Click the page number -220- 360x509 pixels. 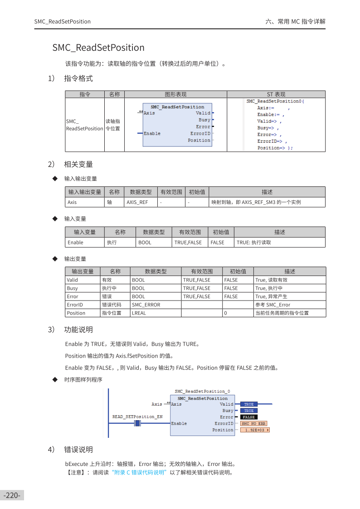point(12,495)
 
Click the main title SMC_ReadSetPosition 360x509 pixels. point(98,48)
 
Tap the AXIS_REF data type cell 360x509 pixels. point(137,203)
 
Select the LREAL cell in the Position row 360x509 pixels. point(139,313)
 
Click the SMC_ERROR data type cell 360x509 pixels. point(146,305)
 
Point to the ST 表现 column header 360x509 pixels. point(276,94)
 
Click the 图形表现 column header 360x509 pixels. point(175,94)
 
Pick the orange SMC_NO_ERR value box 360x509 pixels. point(253,423)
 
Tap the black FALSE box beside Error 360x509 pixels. point(248,417)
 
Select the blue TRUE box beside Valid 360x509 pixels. point(249,404)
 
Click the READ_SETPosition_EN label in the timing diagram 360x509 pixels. point(137,416)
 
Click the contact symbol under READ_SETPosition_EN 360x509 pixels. point(138,423)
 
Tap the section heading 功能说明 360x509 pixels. point(78,330)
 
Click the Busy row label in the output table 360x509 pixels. point(73,288)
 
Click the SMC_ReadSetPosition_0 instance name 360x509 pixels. point(202,391)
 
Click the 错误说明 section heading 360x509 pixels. point(78,450)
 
